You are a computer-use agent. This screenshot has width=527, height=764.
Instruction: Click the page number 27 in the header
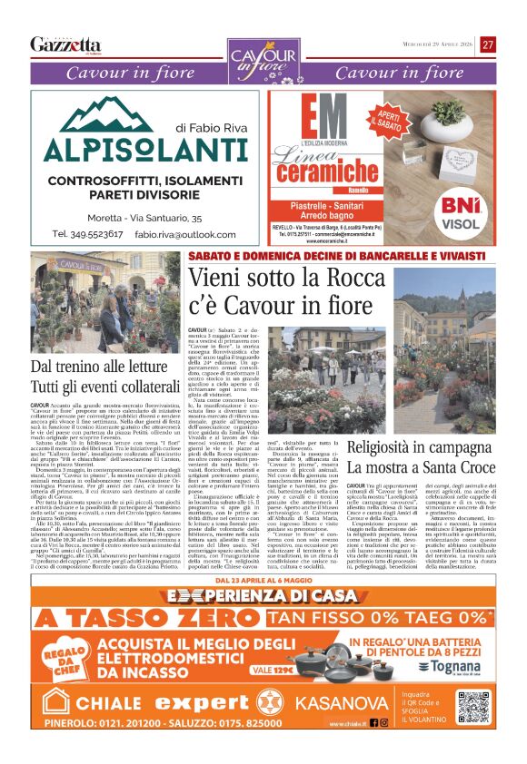[489, 44]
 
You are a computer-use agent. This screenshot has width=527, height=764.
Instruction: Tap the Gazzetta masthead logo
[65, 44]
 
